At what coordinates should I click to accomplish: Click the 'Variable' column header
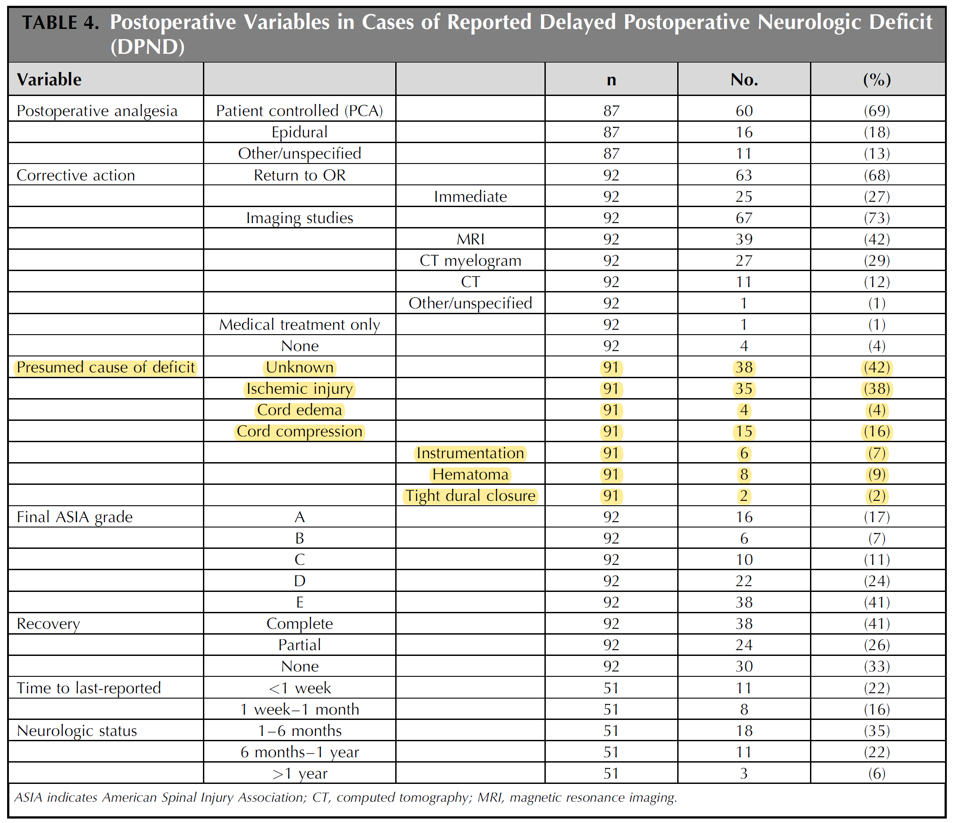click(49, 80)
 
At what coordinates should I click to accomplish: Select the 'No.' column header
click(744, 80)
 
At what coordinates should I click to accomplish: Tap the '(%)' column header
click(877, 80)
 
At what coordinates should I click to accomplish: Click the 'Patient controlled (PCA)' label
click(299, 111)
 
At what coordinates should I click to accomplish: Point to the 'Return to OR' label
click(299, 175)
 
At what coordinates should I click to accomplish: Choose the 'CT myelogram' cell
click(470, 260)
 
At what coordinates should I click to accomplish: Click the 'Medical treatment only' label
click(299, 324)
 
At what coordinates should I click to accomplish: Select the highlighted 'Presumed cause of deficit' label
click(106, 368)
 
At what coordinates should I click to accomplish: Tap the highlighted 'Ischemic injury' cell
click(299, 388)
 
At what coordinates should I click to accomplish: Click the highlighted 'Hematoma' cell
click(470, 474)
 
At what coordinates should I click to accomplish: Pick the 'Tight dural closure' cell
click(470, 496)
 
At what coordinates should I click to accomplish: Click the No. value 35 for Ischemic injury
click(744, 388)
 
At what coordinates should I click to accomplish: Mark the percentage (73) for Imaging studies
click(877, 218)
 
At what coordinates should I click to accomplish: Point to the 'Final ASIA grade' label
click(75, 517)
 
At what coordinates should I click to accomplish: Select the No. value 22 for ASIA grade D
click(744, 581)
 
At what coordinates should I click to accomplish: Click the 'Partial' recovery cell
click(299, 645)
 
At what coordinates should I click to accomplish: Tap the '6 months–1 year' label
click(299, 752)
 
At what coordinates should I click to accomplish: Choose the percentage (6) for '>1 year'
click(877, 773)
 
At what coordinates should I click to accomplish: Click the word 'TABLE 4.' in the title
click(61, 22)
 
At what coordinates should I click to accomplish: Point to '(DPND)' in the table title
click(147, 47)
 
